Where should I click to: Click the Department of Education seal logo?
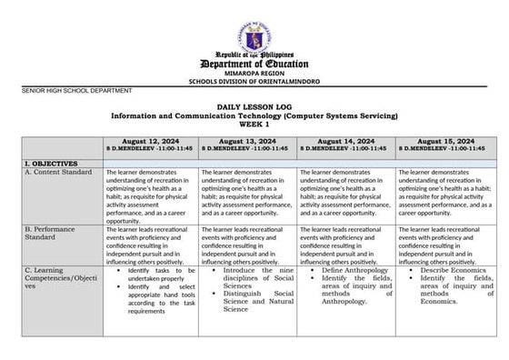(254, 37)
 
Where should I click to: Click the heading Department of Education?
(254, 65)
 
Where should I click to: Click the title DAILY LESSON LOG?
(254, 107)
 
